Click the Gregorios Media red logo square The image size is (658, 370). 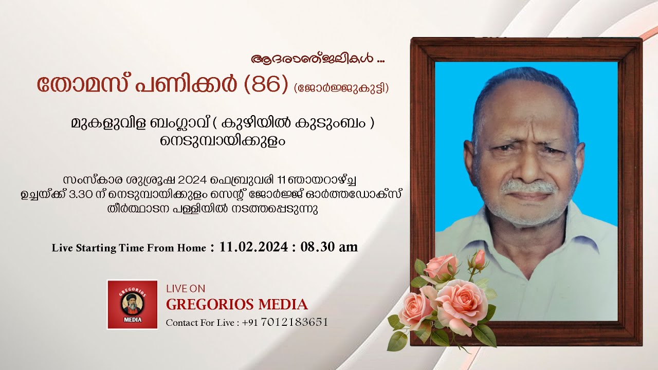pos(132,304)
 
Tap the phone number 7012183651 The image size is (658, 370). pos(295,322)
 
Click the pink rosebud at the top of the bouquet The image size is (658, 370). pos(479,260)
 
